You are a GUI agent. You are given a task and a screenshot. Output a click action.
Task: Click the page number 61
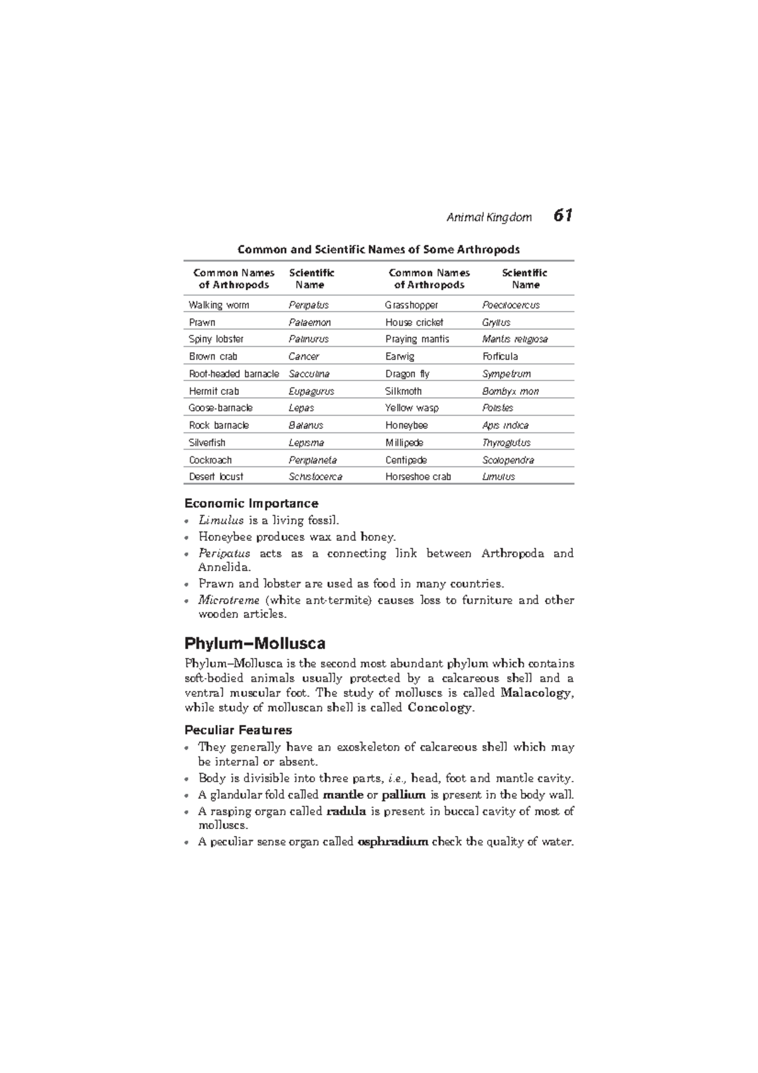563,216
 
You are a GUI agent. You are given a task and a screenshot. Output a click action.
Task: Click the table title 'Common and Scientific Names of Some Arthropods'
378,249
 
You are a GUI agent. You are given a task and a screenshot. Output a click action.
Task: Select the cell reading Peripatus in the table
308,305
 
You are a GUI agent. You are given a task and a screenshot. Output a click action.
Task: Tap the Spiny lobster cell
216,339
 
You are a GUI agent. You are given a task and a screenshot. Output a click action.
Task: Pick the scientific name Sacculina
309,374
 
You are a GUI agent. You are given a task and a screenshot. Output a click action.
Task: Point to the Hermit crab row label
214,391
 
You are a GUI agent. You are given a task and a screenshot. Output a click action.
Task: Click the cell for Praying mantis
417,339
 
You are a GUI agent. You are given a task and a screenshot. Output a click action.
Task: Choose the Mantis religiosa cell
515,339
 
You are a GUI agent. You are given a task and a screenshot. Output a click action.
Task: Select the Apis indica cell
505,425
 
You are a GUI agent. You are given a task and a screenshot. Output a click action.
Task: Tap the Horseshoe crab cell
418,477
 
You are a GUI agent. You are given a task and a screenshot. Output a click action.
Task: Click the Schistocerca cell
315,477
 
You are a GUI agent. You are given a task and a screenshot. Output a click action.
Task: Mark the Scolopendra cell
508,460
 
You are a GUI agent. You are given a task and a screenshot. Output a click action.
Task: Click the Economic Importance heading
251,504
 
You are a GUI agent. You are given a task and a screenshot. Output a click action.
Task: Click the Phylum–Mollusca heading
255,644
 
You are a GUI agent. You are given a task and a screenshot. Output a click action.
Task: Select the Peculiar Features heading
238,730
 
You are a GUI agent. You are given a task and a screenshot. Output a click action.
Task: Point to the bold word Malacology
536,693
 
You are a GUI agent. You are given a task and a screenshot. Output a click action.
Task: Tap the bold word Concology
440,708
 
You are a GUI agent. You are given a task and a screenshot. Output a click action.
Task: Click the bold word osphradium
393,842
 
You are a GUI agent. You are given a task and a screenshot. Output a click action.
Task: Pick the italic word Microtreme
229,600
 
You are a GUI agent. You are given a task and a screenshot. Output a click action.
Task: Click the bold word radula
346,811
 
